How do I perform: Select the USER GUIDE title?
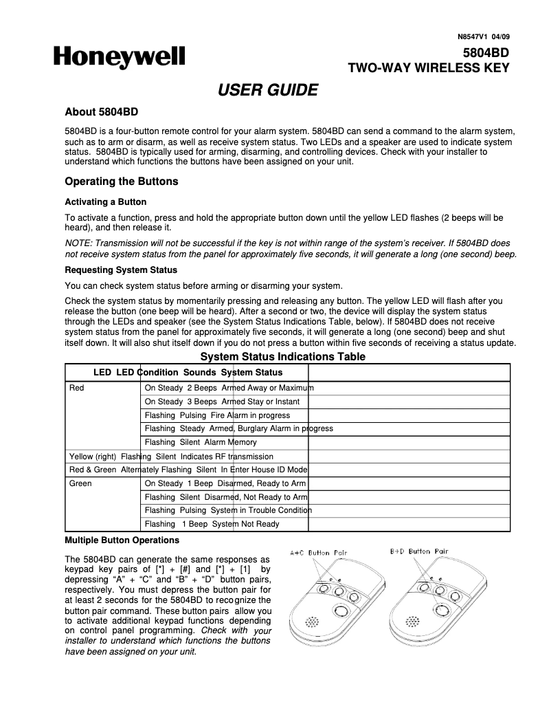click(267, 90)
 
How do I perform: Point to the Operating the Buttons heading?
click(121, 182)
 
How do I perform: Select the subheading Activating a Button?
click(105, 202)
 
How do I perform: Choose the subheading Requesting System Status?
click(121, 270)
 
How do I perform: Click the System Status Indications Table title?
click(282, 356)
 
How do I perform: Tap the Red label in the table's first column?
click(77, 388)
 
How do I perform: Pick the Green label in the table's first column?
click(80, 483)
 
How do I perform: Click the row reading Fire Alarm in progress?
click(217, 415)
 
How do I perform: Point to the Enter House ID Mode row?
click(188, 470)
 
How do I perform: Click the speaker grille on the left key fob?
click(313, 621)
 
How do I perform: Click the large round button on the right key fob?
click(440, 610)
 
